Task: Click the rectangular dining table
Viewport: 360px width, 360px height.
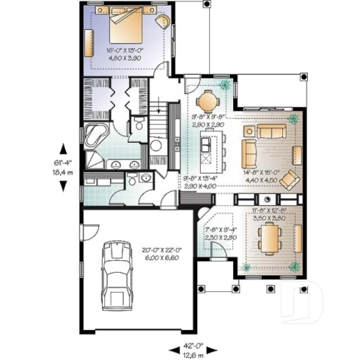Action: coord(271,238)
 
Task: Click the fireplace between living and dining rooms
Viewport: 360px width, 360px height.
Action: coord(268,199)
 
